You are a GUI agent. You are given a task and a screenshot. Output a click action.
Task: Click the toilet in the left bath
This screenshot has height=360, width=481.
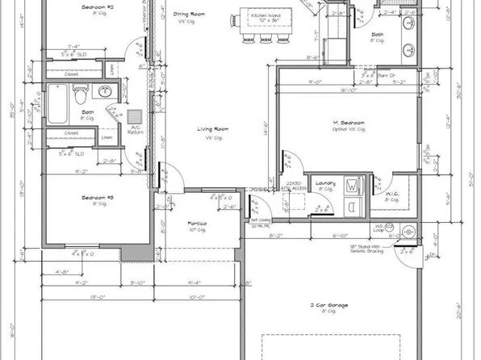(81, 98)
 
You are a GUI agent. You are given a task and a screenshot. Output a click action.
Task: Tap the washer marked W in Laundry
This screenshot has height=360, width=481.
(353, 186)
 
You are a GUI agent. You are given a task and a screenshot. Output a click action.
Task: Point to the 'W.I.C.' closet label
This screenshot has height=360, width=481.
(391, 195)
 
